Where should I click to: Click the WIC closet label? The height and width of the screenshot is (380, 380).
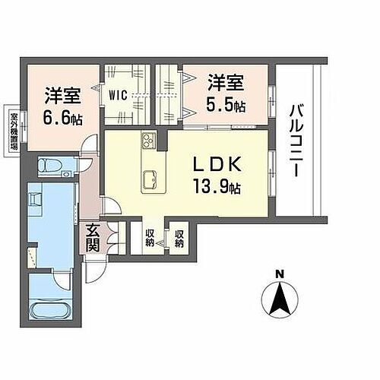tap(117, 96)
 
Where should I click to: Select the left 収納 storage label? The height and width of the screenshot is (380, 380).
tap(150, 239)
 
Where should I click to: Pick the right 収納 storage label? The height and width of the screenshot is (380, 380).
tap(179, 239)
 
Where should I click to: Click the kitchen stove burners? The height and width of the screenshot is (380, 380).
tap(147, 142)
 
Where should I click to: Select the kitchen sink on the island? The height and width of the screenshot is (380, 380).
tap(149, 179)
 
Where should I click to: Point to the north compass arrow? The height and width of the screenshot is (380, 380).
tap(279, 298)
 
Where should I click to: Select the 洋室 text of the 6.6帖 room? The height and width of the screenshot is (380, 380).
tap(63, 97)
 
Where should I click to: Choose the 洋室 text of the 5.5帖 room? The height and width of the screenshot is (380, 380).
tap(226, 81)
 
